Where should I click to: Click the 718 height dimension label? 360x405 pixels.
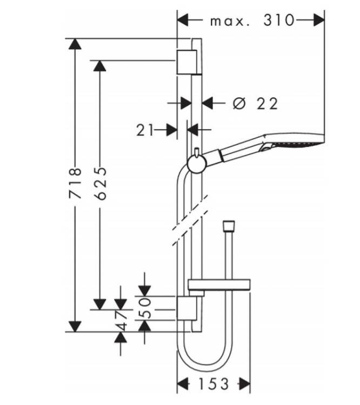click(x=75, y=183)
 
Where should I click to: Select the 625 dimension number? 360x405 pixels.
click(x=100, y=184)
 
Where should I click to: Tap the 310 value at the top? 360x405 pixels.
click(x=279, y=20)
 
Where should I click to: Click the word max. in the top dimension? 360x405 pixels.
click(x=230, y=22)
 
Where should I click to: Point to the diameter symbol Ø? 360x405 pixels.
click(x=239, y=103)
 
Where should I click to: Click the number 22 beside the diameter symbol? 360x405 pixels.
click(x=267, y=104)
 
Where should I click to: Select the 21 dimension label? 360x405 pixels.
click(x=145, y=130)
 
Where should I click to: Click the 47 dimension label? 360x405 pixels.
click(x=121, y=321)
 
